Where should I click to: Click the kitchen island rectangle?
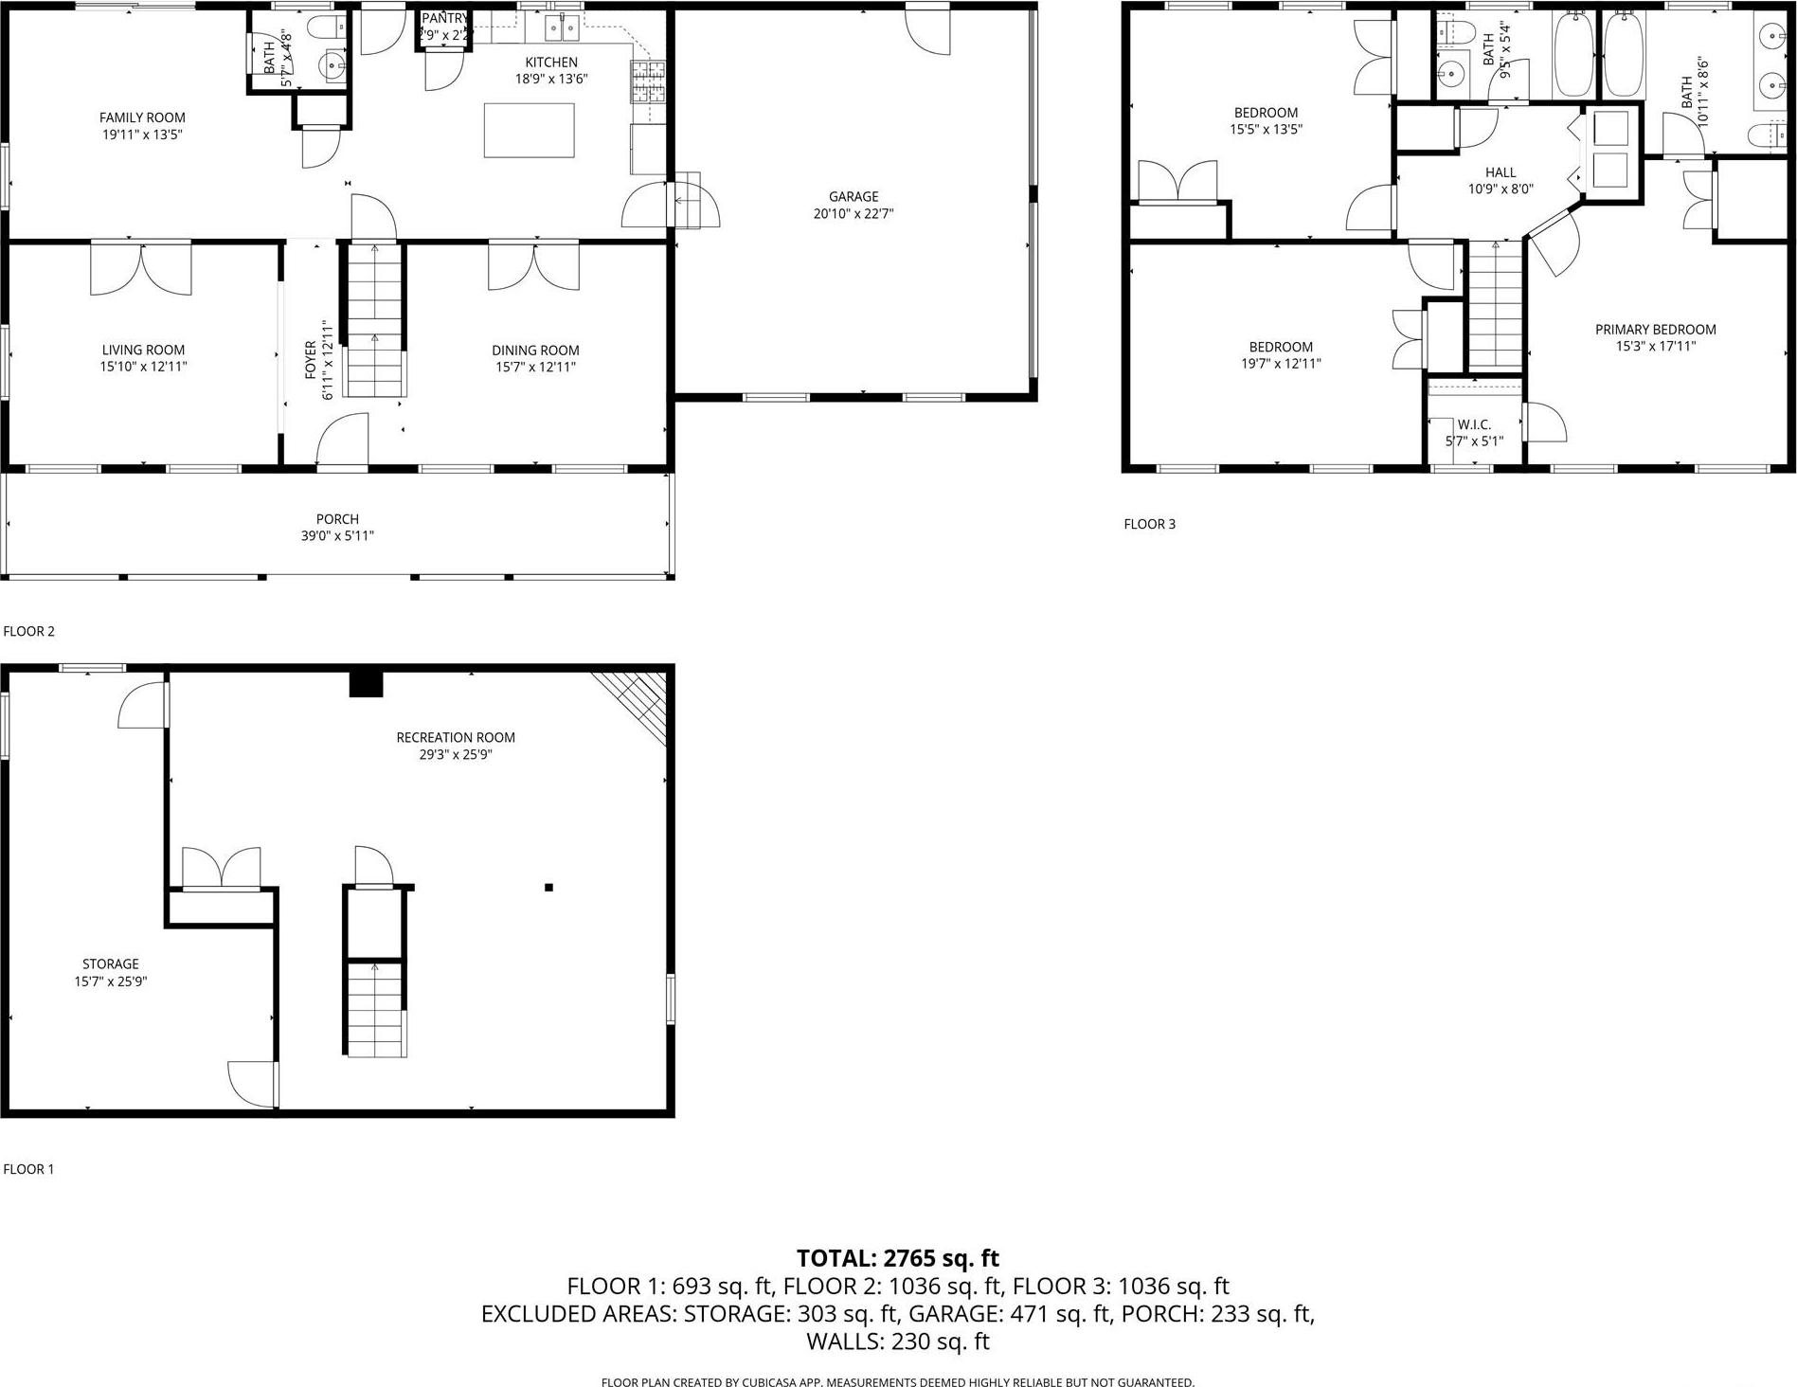coord(529,130)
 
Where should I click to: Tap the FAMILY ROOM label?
coord(142,117)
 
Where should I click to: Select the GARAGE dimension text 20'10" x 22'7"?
coord(853,214)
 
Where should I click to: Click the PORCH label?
coord(337,519)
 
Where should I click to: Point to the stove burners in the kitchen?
coord(649,81)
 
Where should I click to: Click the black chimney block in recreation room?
coord(366,683)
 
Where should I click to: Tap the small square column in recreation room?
coord(548,888)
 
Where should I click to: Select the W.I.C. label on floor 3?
coord(1474,424)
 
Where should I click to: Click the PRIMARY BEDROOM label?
coord(1655,330)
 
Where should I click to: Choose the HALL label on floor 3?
coord(1500,172)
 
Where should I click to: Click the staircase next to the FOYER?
coord(374,322)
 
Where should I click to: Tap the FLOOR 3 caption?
coord(1149,524)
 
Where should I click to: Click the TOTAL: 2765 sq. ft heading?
coord(897,1258)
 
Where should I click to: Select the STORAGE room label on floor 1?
coord(110,964)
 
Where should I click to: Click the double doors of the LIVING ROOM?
coord(141,268)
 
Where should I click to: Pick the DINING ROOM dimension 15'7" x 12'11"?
coord(535,367)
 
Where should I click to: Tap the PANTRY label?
coord(444,19)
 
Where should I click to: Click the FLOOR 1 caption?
coord(28,1169)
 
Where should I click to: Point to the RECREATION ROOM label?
coord(455,737)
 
